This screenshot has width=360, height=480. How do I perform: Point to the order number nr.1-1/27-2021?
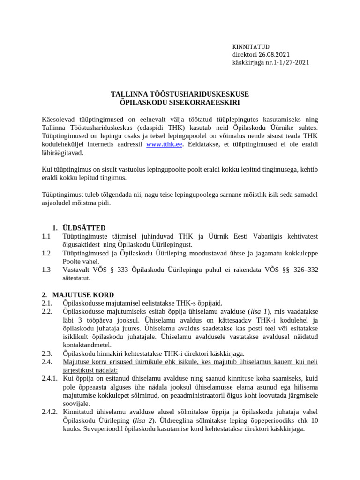tap(288, 62)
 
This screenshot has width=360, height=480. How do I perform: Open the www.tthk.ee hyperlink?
tap(164, 144)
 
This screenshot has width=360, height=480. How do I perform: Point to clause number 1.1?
tap(45, 237)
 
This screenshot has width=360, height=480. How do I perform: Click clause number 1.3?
tap(45, 270)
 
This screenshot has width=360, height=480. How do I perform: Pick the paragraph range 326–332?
tap(302, 270)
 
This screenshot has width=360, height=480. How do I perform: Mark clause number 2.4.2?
tap(49, 412)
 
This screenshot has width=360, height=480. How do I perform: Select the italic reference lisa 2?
tap(145, 421)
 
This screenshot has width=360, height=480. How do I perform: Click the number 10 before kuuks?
tap(314, 421)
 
